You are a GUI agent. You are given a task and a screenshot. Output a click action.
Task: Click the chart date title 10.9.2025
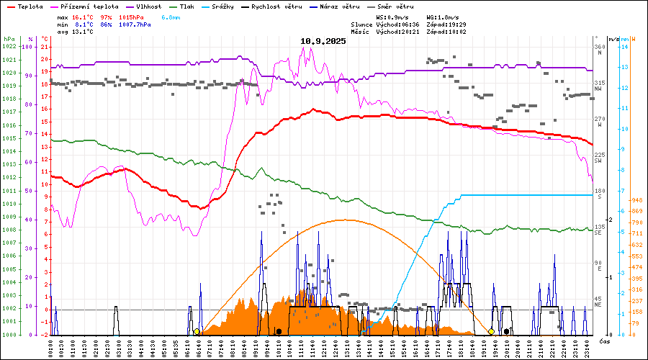[323, 41]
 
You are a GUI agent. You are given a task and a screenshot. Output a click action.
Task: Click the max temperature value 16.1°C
[84, 16]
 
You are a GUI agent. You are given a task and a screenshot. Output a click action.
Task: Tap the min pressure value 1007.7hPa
[135, 24]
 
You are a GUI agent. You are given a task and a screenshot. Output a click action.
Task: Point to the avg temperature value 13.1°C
[84, 32]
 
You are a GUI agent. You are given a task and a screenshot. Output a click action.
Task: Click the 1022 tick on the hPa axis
[9, 47]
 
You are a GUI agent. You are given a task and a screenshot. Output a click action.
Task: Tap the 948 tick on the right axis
[636, 200]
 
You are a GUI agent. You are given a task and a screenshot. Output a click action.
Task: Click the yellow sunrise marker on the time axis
[197, 331]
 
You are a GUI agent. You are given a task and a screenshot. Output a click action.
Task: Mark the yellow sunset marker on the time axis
[492, 331]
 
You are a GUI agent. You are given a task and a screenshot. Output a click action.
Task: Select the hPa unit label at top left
[9, 38]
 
